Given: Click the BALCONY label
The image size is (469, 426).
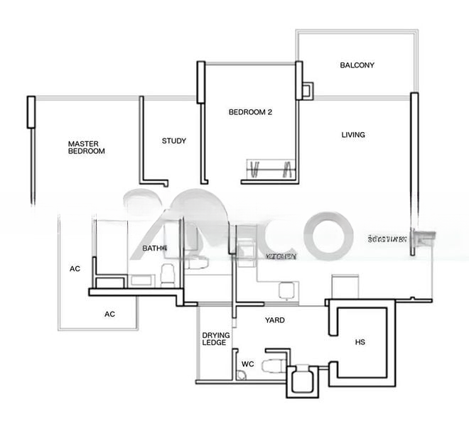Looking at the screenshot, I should [357, 65].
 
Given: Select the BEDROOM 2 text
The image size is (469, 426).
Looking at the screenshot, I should [250, 112].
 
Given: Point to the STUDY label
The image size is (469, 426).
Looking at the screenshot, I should [174, 141].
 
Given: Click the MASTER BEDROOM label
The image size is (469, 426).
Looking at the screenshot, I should [87, 148].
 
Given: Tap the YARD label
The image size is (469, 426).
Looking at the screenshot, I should [275, 321].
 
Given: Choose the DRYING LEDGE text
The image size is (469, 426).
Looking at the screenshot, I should [214, 339].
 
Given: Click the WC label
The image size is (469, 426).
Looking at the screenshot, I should [247, 364].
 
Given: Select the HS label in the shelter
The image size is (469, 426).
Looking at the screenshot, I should [360, 343].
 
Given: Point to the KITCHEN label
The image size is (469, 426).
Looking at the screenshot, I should [281, 254].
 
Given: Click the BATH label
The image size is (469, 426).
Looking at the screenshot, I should [153, 248].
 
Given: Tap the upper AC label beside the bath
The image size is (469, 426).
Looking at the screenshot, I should [75, 269].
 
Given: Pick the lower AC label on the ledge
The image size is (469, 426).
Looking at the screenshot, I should [110, 314].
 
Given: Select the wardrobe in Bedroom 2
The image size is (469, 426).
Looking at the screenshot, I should [270, 170].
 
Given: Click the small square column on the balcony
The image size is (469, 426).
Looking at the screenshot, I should [307, 90].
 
